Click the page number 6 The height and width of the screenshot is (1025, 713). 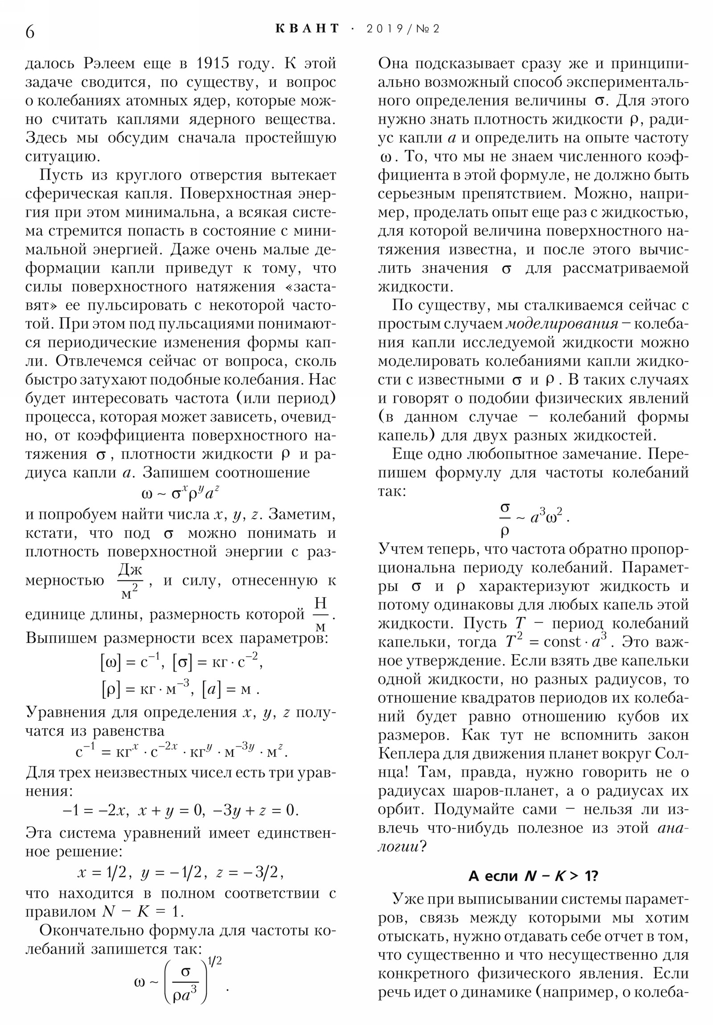[30, 32]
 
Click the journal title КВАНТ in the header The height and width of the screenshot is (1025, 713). [307, 29]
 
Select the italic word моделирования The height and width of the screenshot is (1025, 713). [562, 324]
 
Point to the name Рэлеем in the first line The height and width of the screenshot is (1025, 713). [109, 64]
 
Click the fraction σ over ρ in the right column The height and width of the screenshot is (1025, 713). [505, 518]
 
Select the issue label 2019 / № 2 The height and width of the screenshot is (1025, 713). [403, 29]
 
